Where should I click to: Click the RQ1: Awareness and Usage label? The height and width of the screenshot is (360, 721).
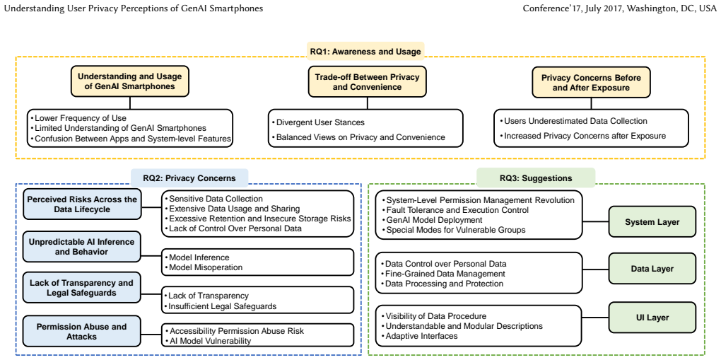[x=366, y=52]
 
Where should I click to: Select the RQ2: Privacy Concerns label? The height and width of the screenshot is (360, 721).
[x=189, y=178]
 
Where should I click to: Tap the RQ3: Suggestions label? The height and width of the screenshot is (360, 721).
[x=536, y=178]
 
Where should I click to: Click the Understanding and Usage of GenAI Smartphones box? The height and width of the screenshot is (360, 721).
[x=129, y=81]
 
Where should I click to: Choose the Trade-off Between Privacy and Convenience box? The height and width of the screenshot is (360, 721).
[x=367, y=81]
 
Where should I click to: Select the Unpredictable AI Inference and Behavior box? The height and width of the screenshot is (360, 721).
[x=81, y=246]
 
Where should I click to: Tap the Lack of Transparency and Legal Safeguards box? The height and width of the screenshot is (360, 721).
[x=81, y=288]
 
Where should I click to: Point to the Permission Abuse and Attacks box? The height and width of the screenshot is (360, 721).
[x=81, y=332]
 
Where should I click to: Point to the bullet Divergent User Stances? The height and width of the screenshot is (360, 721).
[x=320, y=122]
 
